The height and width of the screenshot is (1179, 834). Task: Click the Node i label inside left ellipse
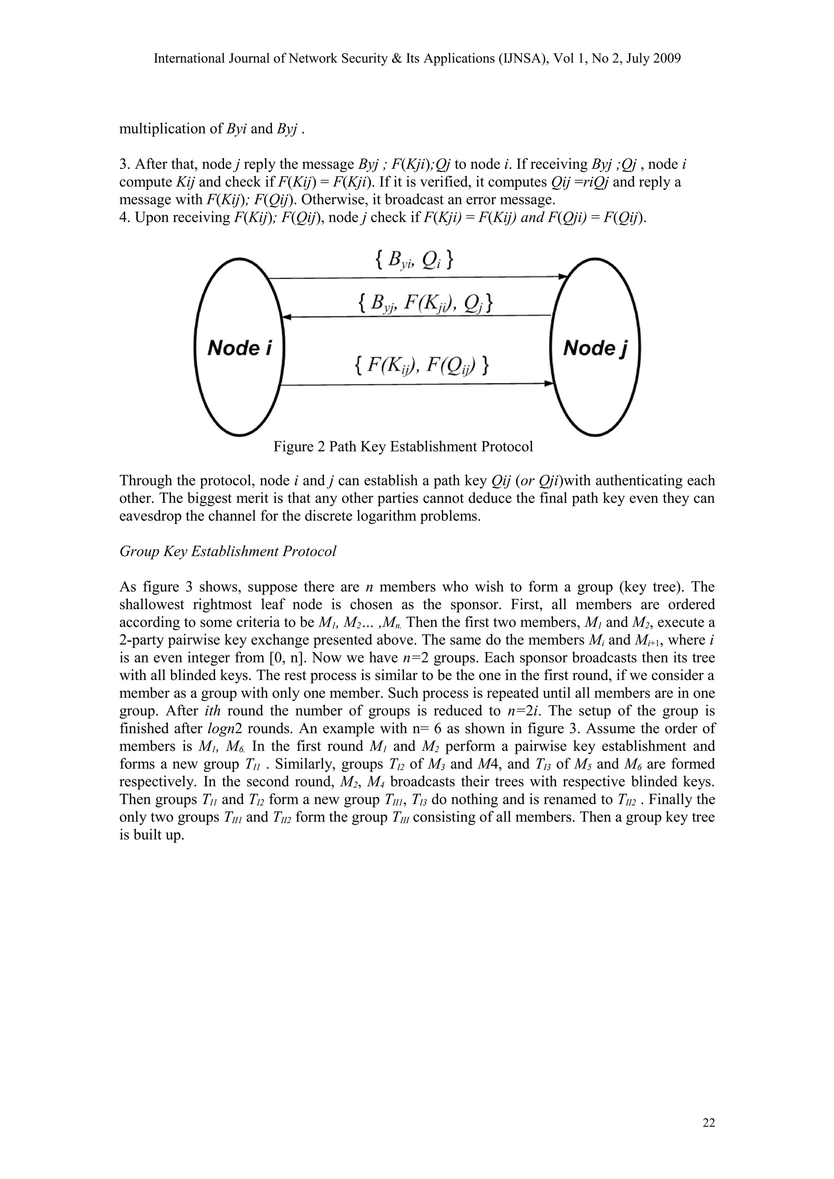tap(239, 349)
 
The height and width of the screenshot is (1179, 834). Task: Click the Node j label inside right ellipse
tap(595, 349)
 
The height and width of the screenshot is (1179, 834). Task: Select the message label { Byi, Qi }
tap(413, 261)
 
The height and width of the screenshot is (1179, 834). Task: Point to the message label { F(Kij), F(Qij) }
tap(421, 366)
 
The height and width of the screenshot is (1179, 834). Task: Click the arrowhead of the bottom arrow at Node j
tap(549, 384)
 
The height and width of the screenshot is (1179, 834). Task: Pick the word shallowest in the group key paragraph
tap(151, 605)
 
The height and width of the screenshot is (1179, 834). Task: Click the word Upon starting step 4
tap(151, 218)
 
